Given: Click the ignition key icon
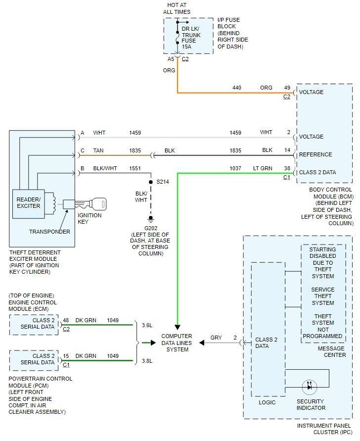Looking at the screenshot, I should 91,203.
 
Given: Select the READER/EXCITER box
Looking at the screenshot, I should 28,202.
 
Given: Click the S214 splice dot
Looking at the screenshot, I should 151,182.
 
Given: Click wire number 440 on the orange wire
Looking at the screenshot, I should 237,88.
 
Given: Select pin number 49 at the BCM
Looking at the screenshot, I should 287,88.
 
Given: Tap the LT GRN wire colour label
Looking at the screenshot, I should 263,168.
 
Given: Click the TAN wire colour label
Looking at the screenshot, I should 98,150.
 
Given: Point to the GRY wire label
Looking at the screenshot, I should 216,338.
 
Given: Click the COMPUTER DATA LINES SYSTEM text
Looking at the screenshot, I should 177,343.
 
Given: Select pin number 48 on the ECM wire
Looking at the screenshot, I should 66,320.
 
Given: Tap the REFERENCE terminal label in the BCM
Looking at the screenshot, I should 315,154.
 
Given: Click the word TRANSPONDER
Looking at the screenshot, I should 49,232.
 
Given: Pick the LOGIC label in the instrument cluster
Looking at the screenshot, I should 268,402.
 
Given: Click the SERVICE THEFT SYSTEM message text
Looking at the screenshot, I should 323,296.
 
